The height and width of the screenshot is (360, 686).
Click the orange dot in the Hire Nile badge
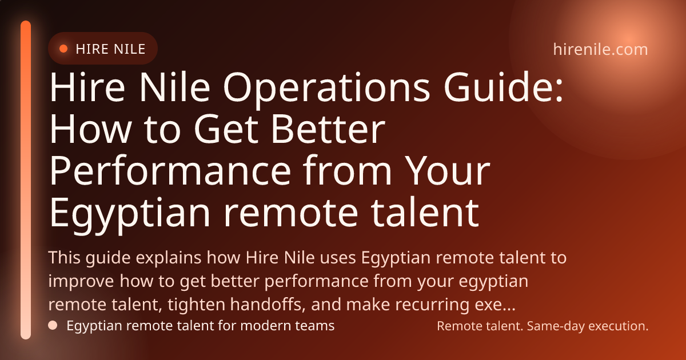[x=63, y=49]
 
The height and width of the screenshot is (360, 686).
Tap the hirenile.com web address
[x=600, y=50]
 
